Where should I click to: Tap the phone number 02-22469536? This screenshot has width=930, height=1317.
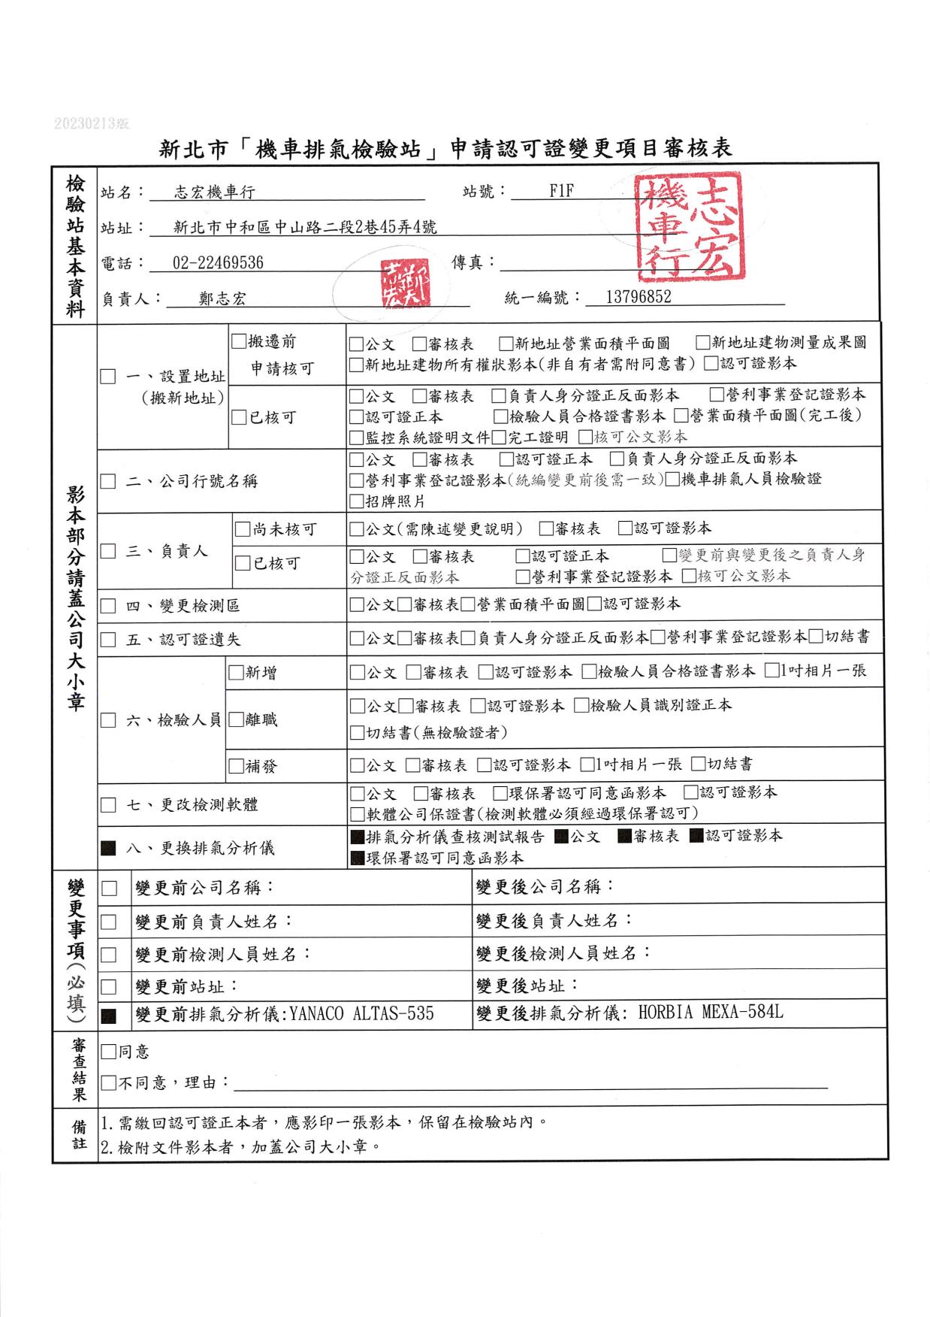[218, 262]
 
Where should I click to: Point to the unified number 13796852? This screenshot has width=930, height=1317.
[638, 297]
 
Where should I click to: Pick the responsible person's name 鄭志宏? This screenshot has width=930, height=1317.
[222, 298]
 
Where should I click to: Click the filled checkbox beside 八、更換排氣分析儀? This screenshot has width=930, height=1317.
[109, 849]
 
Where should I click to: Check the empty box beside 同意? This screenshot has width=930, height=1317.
[108, 1052]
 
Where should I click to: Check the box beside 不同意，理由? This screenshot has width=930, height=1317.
[108, 1083]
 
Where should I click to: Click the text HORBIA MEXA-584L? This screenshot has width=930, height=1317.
[711, 1012]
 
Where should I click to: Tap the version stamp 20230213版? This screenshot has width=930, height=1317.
[92, 123]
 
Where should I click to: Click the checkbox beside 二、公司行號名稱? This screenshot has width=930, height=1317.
[108, 481]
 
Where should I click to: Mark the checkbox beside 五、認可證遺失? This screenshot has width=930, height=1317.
[108, 640]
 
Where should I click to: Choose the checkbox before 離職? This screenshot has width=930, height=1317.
[237, 719]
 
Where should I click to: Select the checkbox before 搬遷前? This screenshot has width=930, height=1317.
[239, 341]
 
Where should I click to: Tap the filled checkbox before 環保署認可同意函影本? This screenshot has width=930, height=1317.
[357, 858]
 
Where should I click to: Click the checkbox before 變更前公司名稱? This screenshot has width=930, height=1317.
[110, 888]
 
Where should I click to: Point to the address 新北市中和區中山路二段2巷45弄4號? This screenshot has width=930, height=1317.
[304, 227]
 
